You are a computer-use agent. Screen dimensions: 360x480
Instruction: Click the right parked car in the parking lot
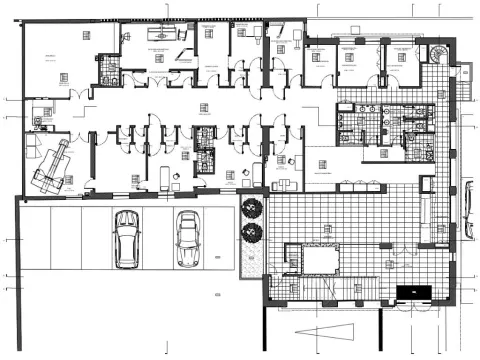coord(187,239)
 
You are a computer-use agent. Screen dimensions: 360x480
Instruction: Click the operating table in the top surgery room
coord(158,32)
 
